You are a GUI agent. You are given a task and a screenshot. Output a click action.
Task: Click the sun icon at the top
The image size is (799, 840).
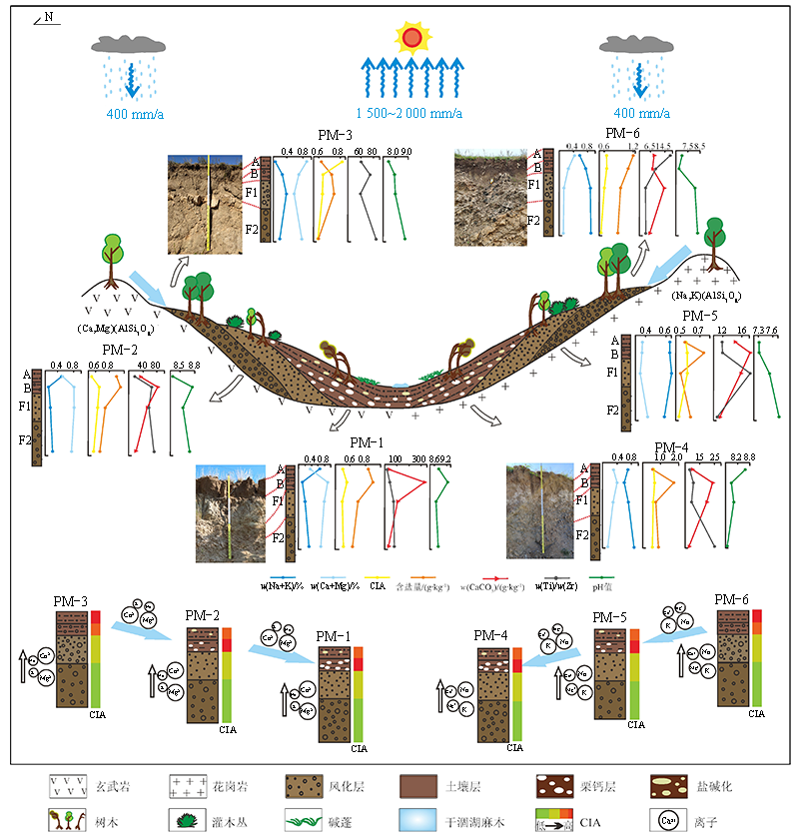pyautogui.click(x=411, y=39)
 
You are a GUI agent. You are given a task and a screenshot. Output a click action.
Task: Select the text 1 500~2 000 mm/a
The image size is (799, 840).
pyautogui.click(x=409, y=112)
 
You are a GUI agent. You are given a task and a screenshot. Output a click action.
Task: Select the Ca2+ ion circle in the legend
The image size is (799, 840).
pyautogui.click(x=670, y=820)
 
